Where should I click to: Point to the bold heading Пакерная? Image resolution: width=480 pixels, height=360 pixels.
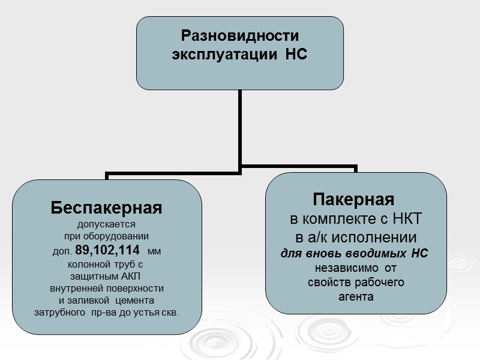tap(353, 199)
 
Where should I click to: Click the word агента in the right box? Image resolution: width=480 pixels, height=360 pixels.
tap(356, 296)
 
